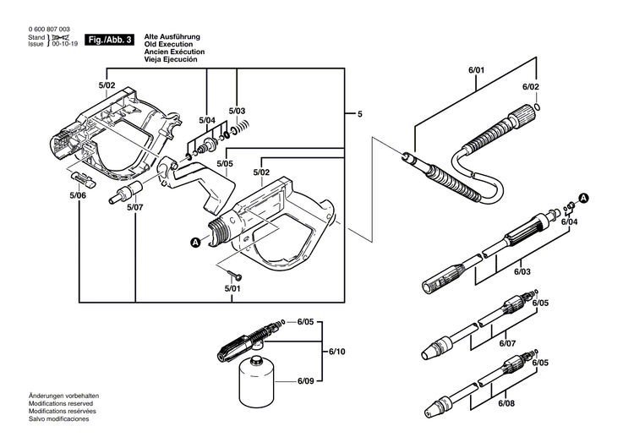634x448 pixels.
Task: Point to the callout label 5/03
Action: [x=238, y=112]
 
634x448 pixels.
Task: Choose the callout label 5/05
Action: [x=224, y=163]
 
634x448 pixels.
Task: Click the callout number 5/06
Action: [x=78, y=195]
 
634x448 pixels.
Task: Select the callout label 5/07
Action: [x=134, y=206]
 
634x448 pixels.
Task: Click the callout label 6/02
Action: [x=530, y=87]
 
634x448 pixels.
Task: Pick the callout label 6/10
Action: [x=336, y=351]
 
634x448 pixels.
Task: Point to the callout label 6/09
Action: [x=306, y=381]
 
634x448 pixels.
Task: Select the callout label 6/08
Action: [x=506, y=405]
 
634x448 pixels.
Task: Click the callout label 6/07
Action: [x=506, y=343]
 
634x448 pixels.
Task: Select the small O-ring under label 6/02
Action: [x=538, y=107]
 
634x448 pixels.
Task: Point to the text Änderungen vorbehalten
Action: [x=64, y=396]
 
